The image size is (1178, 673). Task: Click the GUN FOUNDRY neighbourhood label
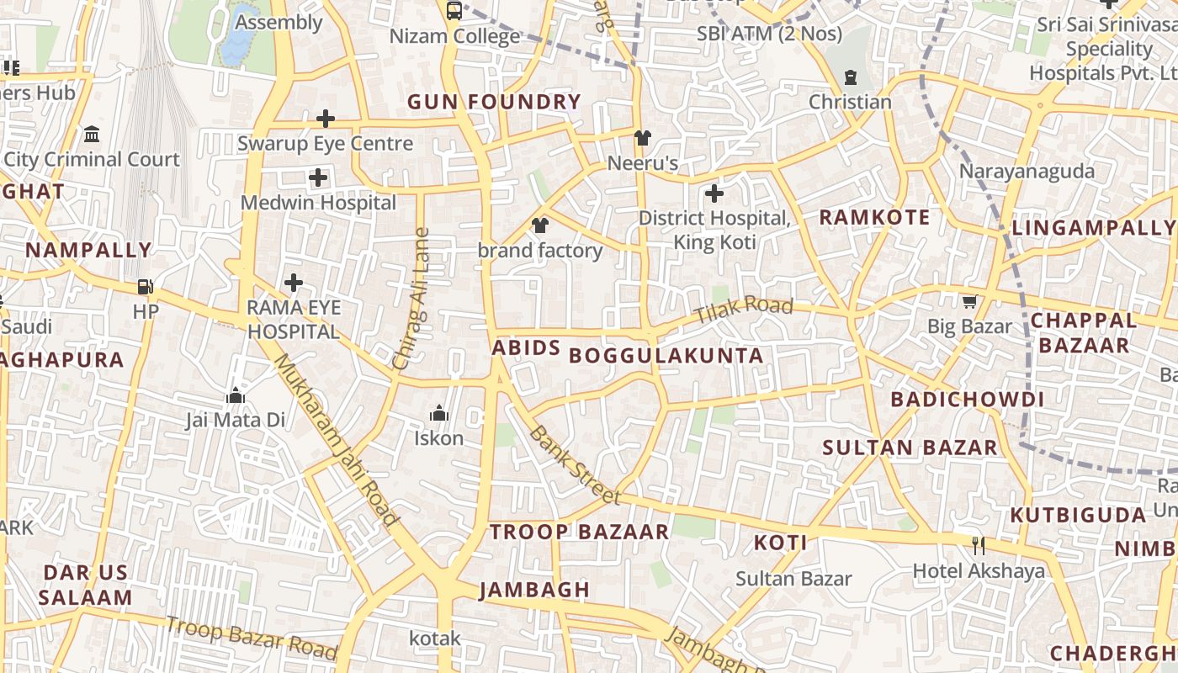point(494,103)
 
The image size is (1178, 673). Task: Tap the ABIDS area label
point(526,348)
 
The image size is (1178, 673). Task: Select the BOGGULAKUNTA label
point(666,355)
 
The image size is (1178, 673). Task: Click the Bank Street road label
point(576,465)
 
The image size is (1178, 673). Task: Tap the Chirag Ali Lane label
point(412,299)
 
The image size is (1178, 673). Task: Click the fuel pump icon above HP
point(146,287)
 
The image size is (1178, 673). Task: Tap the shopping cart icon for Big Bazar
point(969,301)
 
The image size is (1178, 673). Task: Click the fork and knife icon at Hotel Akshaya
point(979,545)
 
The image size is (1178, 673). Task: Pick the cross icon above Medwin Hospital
point(318,178)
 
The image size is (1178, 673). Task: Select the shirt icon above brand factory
point(539,225)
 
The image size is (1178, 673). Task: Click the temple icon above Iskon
point(438,413)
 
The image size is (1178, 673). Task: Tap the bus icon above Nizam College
point(454,11)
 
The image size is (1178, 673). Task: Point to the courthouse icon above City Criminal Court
point(92,135)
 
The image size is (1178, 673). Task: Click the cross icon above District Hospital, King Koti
point(714,194)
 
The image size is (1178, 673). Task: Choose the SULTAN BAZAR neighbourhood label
point(910,447)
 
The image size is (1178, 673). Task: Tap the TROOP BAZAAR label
point(579,532)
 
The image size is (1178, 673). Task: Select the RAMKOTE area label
point(874,218)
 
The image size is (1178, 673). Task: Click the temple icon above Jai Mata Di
point(236,395)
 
